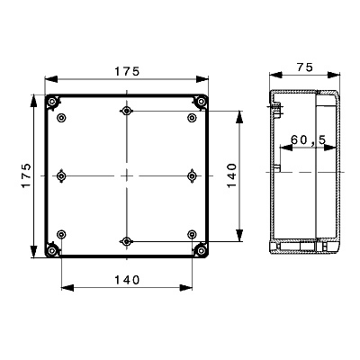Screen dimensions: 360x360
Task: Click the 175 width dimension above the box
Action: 127,71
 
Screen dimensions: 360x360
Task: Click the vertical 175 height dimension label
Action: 26,175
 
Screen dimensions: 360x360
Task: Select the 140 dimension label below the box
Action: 127,280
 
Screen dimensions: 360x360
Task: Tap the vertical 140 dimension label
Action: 231,175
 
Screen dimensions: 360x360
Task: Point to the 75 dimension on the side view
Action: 305,67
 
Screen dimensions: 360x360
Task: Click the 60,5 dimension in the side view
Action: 309,139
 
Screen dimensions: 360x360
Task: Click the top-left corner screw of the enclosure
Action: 53,103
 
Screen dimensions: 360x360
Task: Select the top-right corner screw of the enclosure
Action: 200,103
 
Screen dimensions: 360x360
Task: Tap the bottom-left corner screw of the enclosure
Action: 53,249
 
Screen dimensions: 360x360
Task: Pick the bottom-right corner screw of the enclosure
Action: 200,249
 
